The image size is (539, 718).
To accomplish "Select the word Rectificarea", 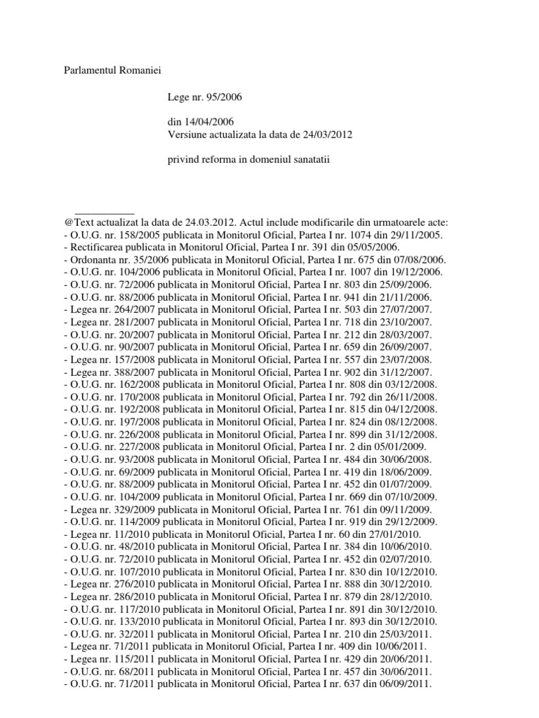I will pos(95,248).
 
